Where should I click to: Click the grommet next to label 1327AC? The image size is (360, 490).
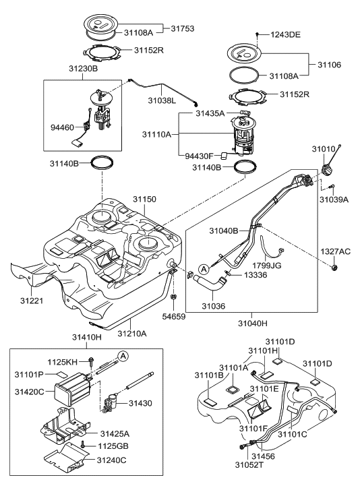pyautogui.click(x=334, y=269)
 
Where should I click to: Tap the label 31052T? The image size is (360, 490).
pyautogui.click(x=233, y=483)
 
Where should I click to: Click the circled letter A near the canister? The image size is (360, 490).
pyautogui.click(x=123, y=355)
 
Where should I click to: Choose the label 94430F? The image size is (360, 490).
pyautogui.click(x=200, y=155)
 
